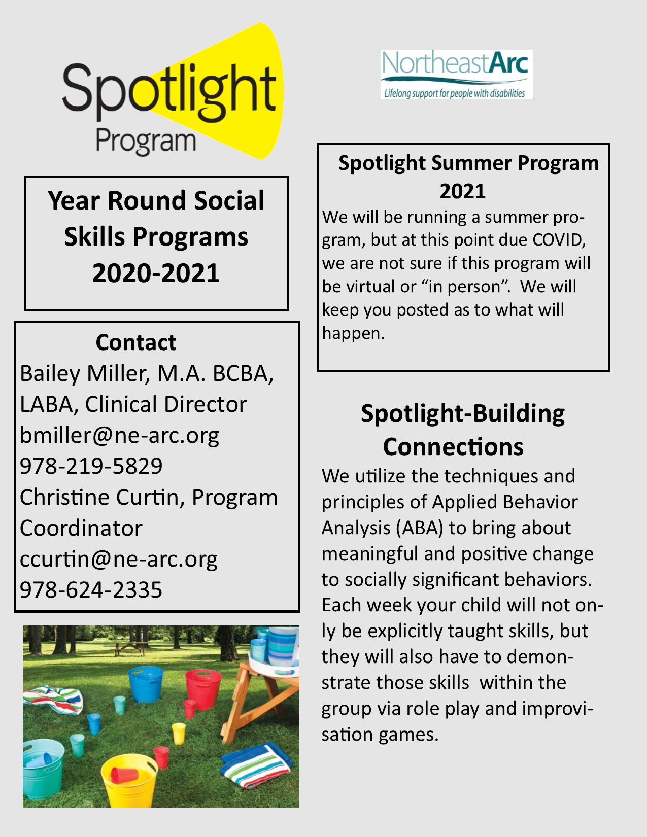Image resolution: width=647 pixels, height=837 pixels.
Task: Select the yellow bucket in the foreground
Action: tap(128, 781)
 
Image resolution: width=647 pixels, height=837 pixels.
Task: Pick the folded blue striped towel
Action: tap(256, 763)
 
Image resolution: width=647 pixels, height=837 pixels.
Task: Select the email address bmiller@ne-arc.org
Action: tap(119, 436)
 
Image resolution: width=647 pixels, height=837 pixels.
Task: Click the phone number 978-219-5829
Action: tap(91, 466)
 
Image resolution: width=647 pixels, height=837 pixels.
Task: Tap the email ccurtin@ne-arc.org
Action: tap(118, 560)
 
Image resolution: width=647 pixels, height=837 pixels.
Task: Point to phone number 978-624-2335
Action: tap(91, 590)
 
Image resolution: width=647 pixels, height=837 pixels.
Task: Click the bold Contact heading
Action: tap(136, 342)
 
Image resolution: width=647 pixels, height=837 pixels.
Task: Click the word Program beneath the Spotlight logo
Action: tap(146, 141)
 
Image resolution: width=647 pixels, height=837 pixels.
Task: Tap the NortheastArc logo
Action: tap(457, 74)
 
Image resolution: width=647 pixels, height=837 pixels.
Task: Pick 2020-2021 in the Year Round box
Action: tap(156, 273)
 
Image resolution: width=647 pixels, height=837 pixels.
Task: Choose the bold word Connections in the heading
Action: tap(453, 447)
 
